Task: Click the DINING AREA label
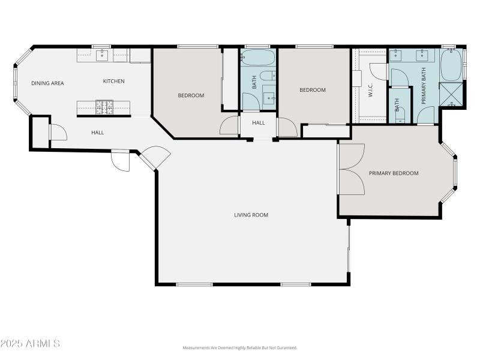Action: click(47, 83)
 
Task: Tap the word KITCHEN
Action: click(113, 82)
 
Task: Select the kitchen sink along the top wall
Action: click(101, 56)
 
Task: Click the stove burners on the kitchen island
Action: click(104, 107)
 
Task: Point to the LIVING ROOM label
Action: click(251, 215)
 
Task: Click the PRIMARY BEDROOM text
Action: click(394, 173)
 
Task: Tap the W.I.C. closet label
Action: click(371, 90)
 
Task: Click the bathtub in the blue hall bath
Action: click(257, 58)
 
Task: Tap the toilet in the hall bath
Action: click(270, 76)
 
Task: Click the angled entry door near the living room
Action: click(155, 157)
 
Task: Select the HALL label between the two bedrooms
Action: click(259, 123)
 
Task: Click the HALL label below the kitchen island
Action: click(98, 133)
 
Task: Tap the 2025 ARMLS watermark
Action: click(30, 344)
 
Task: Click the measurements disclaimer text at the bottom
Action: click(240, 348)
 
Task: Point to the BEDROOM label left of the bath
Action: click(191, 95)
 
